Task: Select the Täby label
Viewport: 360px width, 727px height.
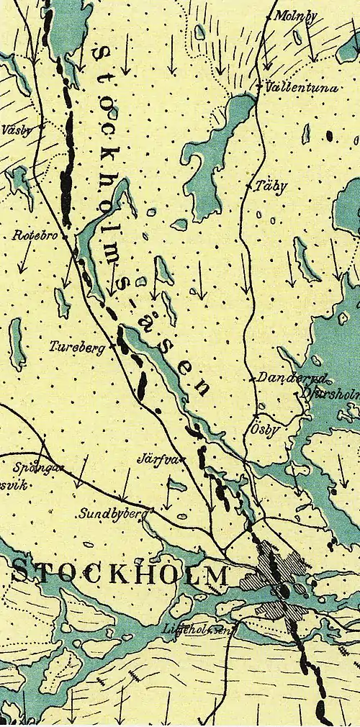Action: point(271,186)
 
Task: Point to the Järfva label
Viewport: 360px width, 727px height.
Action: point(150,457)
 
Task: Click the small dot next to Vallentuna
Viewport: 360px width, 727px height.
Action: point(258,88)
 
